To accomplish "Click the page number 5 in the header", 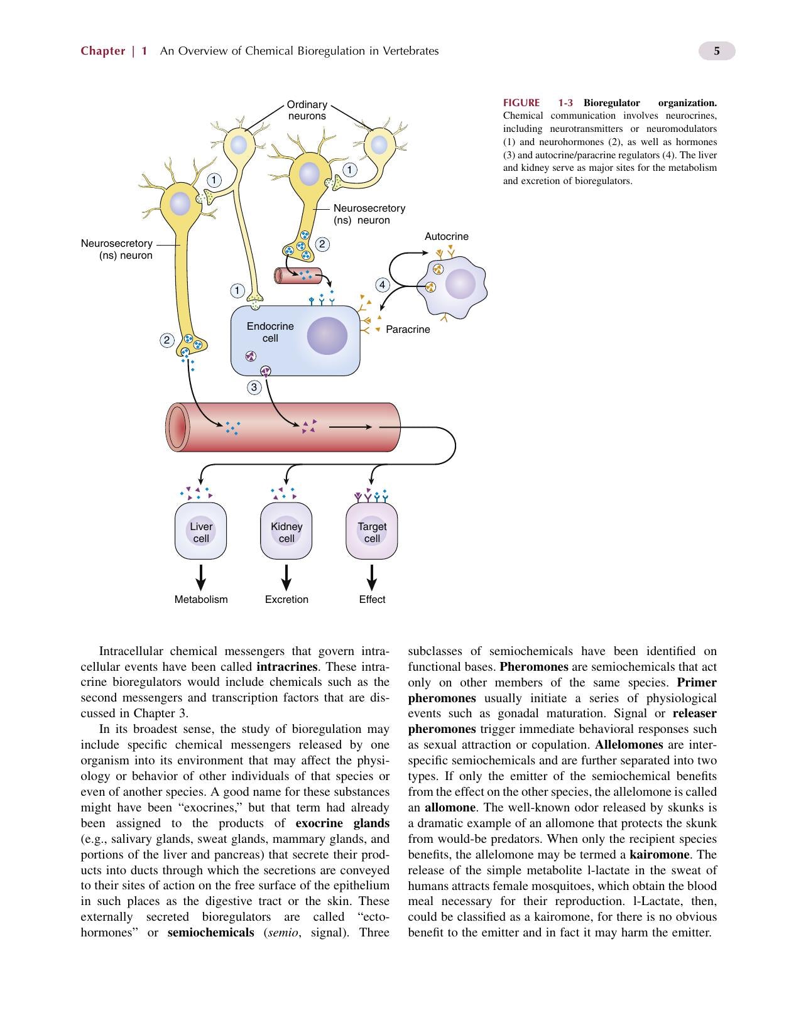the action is [x=716, y=51].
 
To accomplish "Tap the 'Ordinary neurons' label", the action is [x=307, y=110].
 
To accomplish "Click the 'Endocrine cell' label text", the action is [x=270, y=332].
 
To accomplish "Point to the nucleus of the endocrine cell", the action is [x=327, y=335].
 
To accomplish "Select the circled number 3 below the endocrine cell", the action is [x=254, y=388].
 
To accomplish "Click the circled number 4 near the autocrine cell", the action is [x=382, y=285].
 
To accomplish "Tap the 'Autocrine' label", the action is [x=446, y=236].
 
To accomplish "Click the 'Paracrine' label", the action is [x=408, y=329].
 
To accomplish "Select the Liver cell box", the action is [x=200, y=531].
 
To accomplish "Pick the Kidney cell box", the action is [x=286, y=531].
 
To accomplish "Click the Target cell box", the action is [x=372, y=531].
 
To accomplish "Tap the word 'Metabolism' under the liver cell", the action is [x=201, y=599].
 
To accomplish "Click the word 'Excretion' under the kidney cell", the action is [x=286, y=599].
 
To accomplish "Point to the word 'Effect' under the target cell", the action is [x=372, y=599].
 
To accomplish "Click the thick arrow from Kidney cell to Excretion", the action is [x=286, y=577].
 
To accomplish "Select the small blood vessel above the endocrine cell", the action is [x=298, y=276].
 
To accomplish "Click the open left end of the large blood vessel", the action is [x=177, y=427].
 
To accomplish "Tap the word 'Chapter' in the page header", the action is [x=103, y=51].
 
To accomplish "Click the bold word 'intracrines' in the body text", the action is [x=287, y=666].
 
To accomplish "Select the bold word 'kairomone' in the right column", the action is [x=659, y=854].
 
